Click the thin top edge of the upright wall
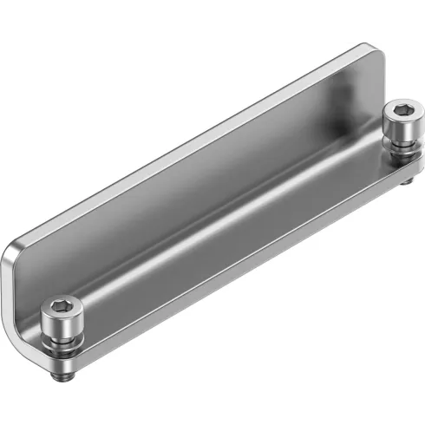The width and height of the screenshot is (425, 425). pyautogui.click(x=191, y=143)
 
